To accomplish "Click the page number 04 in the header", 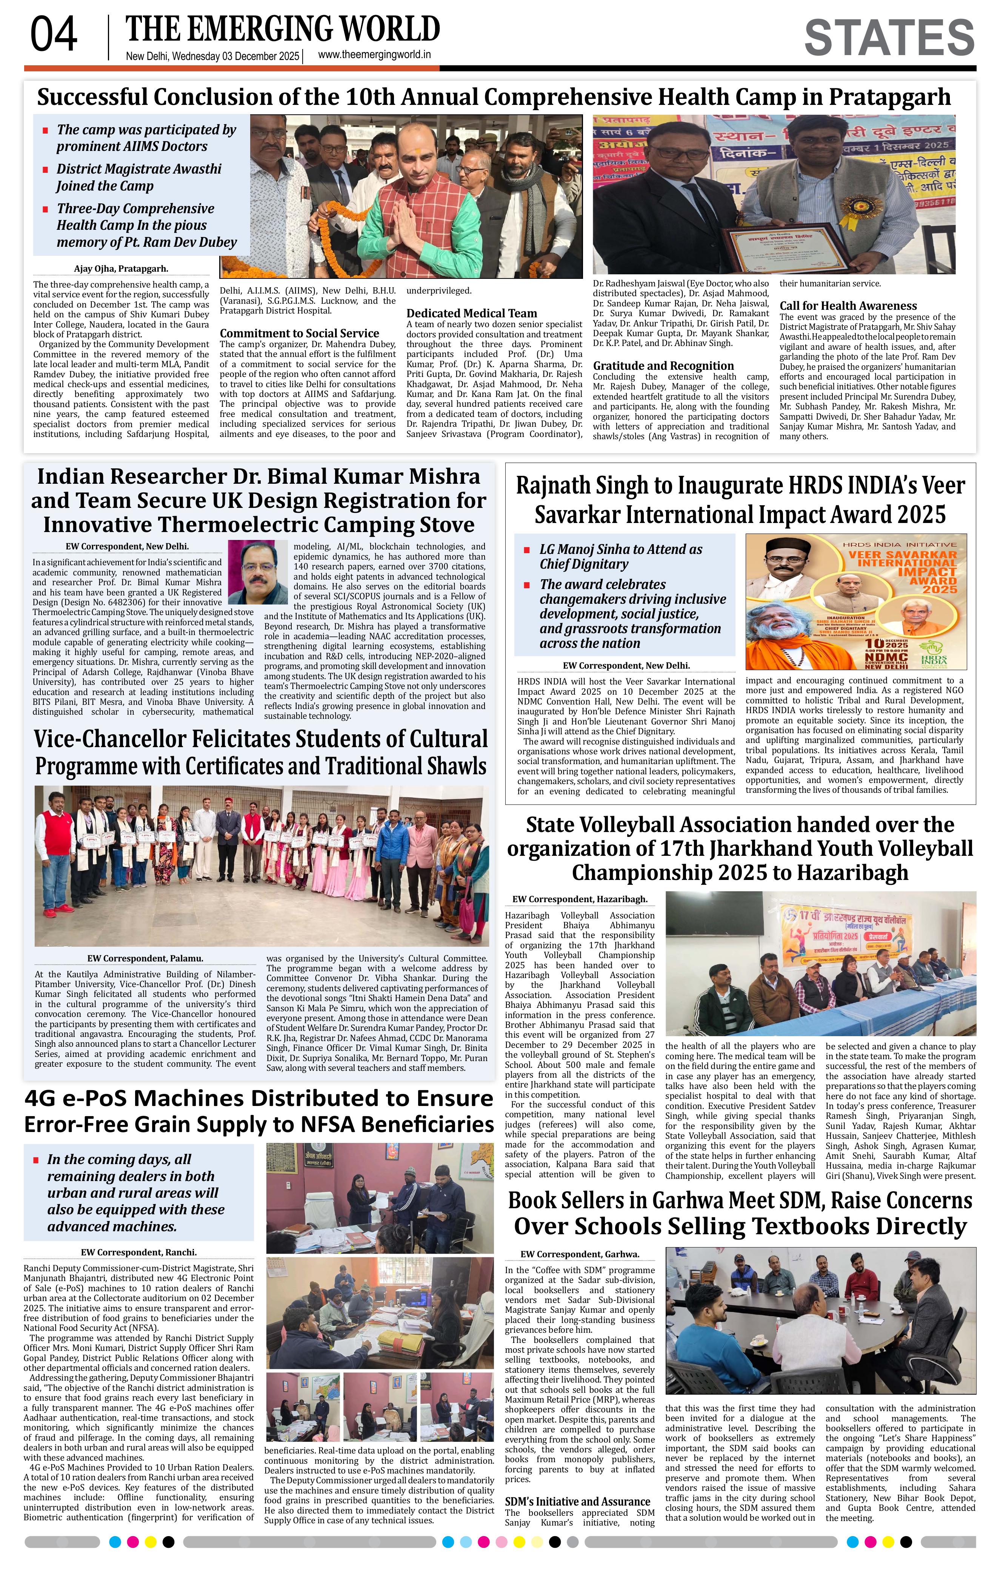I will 54,35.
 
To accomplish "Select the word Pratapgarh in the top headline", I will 889,97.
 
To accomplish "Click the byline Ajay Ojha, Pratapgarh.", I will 121,268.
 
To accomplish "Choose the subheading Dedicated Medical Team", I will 472,313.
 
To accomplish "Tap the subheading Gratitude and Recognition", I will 663,366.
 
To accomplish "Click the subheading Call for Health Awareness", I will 848,305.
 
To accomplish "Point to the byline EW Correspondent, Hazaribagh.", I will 580,899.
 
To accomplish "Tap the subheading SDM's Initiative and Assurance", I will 577,1501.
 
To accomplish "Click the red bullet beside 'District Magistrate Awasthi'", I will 45,170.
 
